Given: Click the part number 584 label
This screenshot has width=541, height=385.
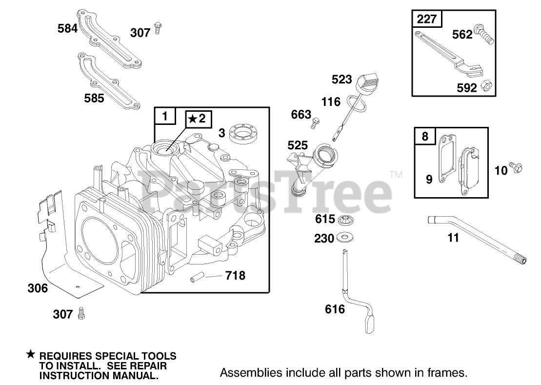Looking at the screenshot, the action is pos(67,28).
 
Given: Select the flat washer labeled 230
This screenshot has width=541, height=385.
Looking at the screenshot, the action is pos(346,238).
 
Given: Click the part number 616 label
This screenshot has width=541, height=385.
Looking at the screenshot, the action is pos(335,309).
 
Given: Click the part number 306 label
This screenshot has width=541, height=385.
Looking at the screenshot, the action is pos(37,288).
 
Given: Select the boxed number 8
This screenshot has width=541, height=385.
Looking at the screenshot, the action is pos(425,136).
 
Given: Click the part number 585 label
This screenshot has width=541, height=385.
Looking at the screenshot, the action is pos(94,98).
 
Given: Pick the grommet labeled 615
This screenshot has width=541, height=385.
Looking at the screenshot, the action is pos(345,219).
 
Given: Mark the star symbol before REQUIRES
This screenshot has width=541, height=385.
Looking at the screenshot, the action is pos(31,354).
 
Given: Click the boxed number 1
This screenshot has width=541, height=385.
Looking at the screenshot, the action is pos(164,116).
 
